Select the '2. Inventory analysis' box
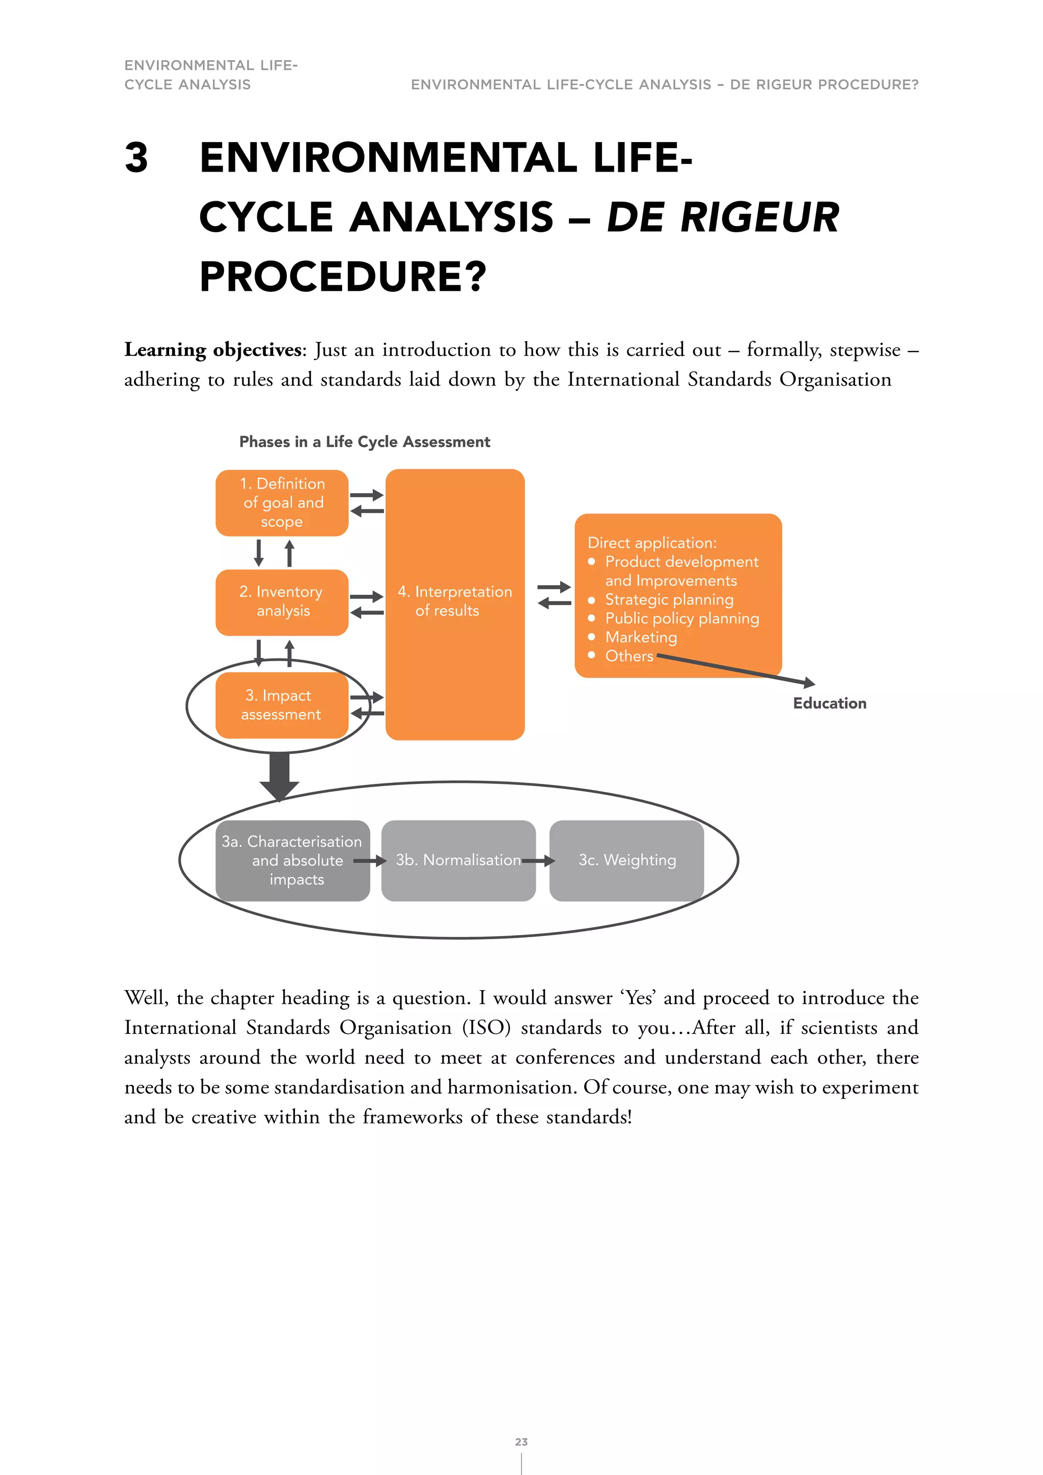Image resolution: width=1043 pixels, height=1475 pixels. pos(282,602)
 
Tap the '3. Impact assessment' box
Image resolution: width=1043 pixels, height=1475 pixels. pos(282,705)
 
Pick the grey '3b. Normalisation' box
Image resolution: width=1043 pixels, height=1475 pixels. pos(458,860)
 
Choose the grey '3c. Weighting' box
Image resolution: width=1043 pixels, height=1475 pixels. pos(627,860)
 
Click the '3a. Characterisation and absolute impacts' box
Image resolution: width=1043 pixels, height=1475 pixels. pos(292,860)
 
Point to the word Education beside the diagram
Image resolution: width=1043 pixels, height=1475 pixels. pos(829,703)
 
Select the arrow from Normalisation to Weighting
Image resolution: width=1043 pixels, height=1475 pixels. pos(539,861)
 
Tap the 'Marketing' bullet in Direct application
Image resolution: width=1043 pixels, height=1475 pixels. pos(641,637)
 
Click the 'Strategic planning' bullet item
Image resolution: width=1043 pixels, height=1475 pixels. pos(669,599)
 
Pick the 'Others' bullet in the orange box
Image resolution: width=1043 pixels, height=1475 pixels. pos(629,656)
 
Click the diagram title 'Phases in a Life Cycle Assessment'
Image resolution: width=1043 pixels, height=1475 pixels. pos(364,442)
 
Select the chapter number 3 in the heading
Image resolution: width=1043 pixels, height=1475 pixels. pos(136,158)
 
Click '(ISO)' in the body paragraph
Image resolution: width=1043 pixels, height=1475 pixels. pos(486,1028)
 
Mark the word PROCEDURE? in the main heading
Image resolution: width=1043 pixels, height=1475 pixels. pos(343,277)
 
